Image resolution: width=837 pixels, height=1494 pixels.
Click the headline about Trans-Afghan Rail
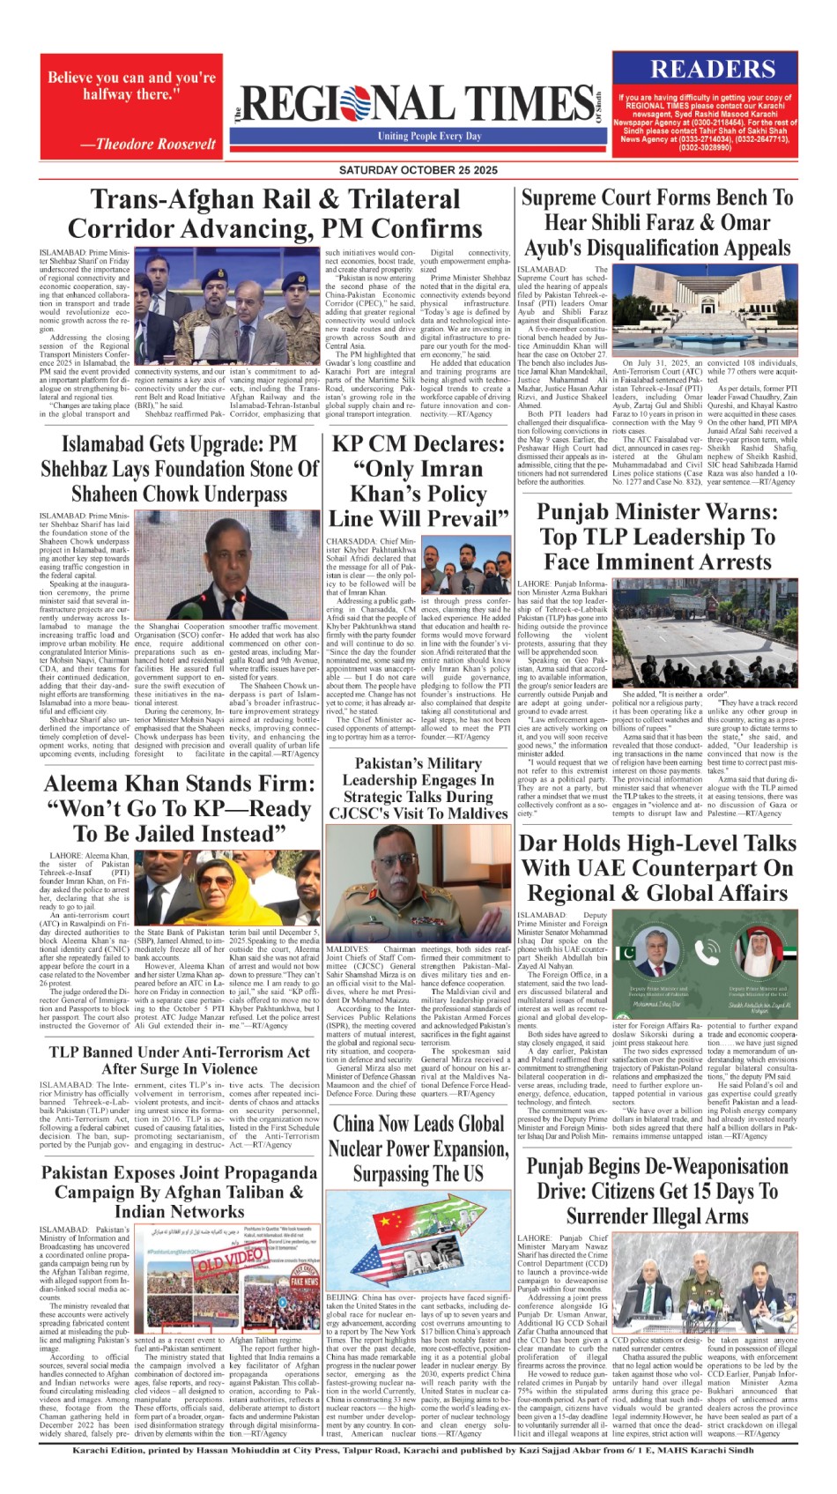pyautogui.click(x=275, y=214)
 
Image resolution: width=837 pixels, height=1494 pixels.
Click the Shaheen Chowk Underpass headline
pyautogui.click(x=180, y=469)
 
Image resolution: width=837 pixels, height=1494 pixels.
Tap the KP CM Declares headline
pyautogui.click(x=418, y=480)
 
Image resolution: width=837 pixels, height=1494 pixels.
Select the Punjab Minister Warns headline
pyautogui.click(x=656, y=536)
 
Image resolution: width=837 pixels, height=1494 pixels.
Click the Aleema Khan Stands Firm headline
pyautogui.click(x=180, y=808)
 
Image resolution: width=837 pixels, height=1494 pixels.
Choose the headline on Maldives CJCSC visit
pyautogui.click(x=418, y=788)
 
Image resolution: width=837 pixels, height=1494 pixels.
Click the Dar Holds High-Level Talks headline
pyautogui.click(x=657, y=867)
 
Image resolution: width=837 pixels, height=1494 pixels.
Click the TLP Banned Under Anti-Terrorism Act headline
pyautogui.click(x=180, y=1059)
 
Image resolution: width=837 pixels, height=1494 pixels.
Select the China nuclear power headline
pyautogui.click(x=418, y=1148)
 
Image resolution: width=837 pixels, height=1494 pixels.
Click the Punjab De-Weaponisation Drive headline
pyautogui.click(x=657, y=1191)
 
